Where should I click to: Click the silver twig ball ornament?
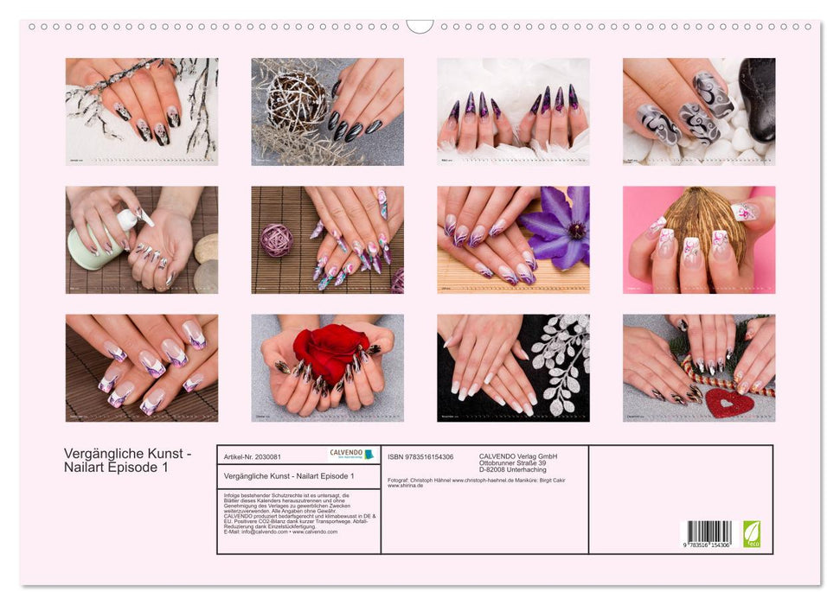point(296,102)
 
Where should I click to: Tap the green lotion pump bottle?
point(94,245)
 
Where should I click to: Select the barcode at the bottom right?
point(709,532)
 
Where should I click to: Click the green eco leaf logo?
point(752,533)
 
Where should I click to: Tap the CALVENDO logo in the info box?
point(352,455)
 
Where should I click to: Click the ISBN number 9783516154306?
point(421,456)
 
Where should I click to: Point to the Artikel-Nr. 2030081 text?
point(253,456)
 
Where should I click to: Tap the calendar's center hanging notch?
point(420,26)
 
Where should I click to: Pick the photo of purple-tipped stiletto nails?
point(513,111)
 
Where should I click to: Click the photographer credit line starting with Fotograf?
point(476,480)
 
